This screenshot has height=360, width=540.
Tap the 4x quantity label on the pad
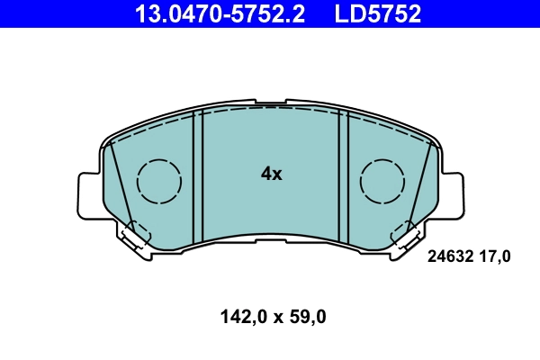pos(271,174)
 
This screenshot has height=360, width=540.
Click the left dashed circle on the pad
pos(159,181)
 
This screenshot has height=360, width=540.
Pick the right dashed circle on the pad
pos(383,181)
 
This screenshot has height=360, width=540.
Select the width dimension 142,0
pos(239,317)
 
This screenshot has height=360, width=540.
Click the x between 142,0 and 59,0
pos(273,318)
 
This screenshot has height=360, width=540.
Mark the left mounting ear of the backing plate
pos(90,193)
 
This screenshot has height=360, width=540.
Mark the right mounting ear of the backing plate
pos(453,193)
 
